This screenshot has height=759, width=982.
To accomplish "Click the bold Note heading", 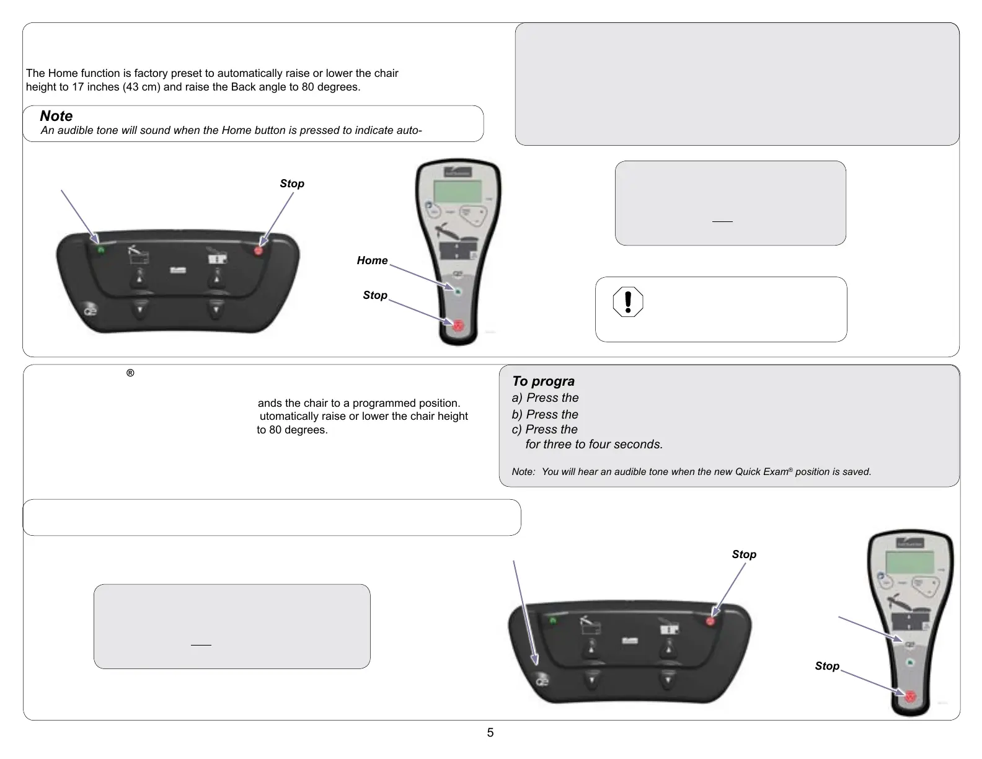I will tap(56, 116).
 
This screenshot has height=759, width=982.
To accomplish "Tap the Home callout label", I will tap(372, 260).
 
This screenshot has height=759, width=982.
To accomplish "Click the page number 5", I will tap(490, 733).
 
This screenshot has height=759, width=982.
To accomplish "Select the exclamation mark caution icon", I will tap(627, 302).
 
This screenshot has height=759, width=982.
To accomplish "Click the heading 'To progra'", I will tap(543, 381).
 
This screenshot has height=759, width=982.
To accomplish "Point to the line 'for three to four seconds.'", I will tap(594, 445).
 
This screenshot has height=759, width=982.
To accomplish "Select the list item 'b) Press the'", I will tap(545, 414).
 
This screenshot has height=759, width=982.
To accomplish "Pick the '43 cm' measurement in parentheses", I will tap(130, 87).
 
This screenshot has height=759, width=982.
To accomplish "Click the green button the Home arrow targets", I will tap(458, 291).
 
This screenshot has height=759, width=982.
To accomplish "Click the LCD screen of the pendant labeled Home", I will tap(458, 192).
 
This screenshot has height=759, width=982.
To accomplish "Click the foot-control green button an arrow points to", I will tap(100, 249).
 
